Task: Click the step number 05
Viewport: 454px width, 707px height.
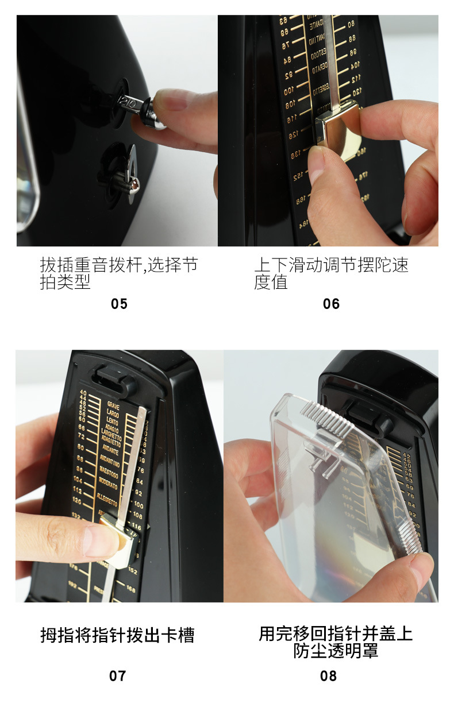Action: [x=119, y=304]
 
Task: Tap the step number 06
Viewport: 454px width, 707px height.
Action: [x=331, y=304]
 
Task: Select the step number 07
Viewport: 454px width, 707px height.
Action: [x=117, y=676]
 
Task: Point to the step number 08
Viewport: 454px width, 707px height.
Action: [x=328, y=676]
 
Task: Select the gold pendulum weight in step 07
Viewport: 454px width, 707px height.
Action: [x=120, y=540]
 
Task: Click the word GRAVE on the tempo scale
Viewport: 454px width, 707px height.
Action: [x=113, y=405]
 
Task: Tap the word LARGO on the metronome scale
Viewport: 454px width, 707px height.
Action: [x=113, y=412]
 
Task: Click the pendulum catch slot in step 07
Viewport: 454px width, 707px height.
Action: [x=114, y=380]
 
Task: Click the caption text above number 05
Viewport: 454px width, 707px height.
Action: [x=118, y=273]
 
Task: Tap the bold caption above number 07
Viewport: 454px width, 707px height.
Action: [x=117, y=635]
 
